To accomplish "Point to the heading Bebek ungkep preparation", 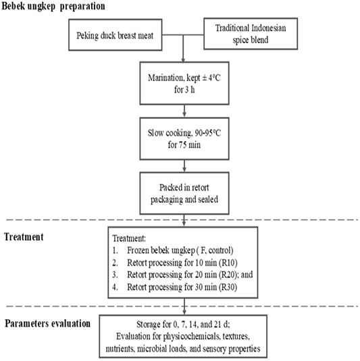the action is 53,6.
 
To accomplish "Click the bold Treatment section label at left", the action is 24,237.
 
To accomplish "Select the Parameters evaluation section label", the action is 47,323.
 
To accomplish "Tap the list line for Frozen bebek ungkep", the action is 173,250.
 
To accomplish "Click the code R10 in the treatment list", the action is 228,263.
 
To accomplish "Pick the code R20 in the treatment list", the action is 228,274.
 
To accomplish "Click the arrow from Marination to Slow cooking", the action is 184,111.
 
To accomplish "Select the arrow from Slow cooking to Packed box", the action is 184,166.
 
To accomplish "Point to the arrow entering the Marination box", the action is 183,49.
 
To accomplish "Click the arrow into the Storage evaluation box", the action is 184,307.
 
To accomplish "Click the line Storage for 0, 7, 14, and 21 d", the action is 183,324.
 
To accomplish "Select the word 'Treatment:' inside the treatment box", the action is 129,238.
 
